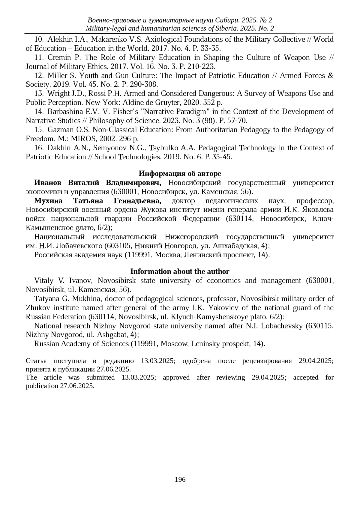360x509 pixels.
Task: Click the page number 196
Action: click(x=180, y=479)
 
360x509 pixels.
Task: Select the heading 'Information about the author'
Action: click(x=180, y=271)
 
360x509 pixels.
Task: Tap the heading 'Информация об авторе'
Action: click(x=180, y=173)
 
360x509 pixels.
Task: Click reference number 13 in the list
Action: click(x=39, y=94)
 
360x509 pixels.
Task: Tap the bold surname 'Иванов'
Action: click(x=48, y=183)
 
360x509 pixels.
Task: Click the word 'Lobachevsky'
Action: click(x=282, y=326)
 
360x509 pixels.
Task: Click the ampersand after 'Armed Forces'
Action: click(x=331, y=76)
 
